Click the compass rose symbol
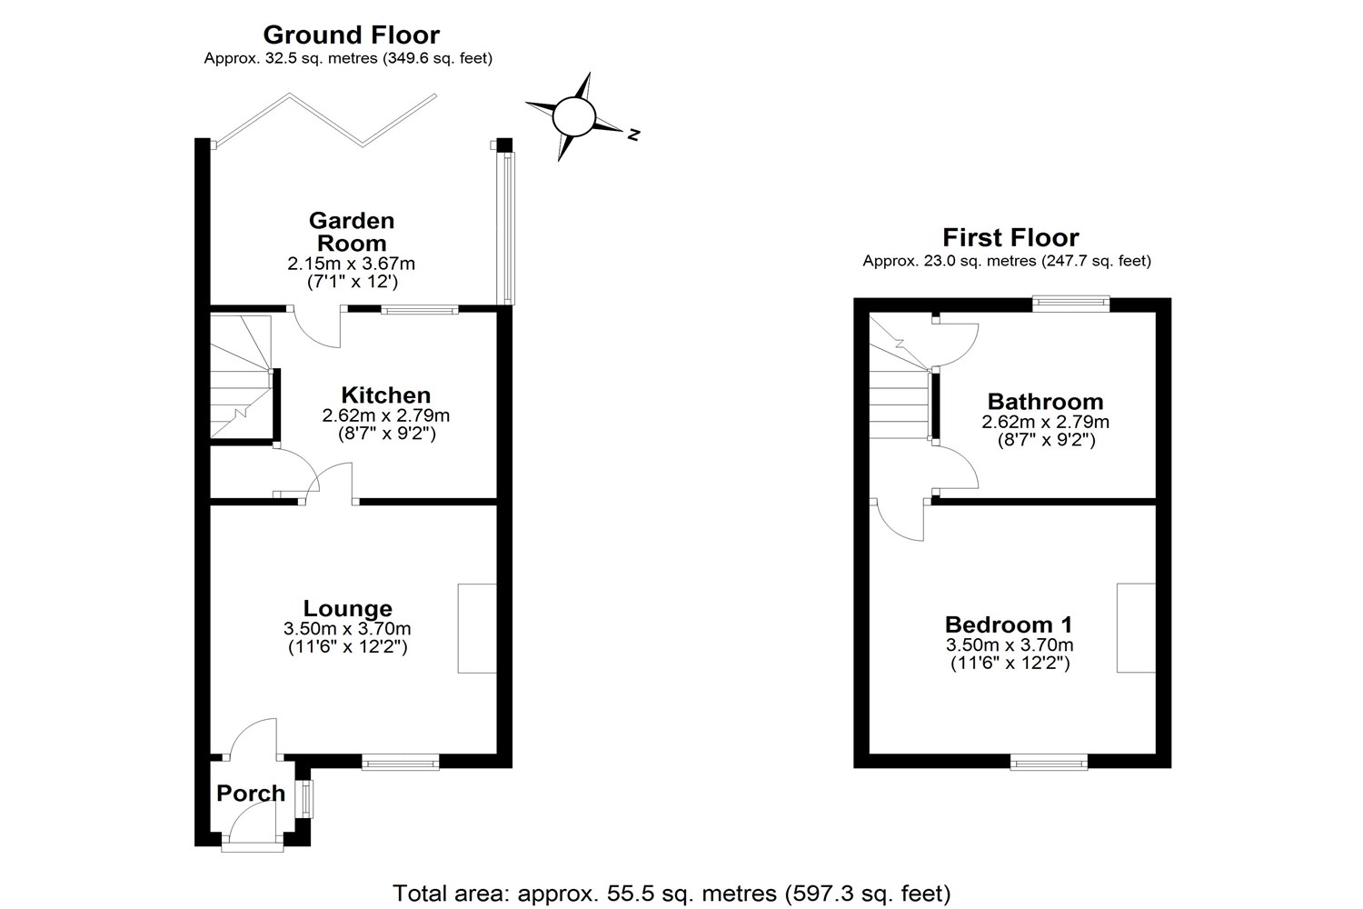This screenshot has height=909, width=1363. [573, 117]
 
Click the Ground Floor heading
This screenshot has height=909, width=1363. [351, 35]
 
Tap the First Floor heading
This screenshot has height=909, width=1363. [1010, 238]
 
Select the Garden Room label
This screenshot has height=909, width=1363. [352, 232]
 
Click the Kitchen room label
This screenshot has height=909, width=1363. [385, 395]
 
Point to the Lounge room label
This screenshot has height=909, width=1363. [347, 608]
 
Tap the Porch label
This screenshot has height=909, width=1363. [251, 794]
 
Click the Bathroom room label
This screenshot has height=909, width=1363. [1045, 402]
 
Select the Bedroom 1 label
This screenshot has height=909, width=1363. [1009, 624]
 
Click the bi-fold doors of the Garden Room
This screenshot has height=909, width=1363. [324, 119]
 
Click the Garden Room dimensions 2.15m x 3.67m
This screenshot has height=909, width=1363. [352, 264]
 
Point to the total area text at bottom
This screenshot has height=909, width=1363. [672, 893]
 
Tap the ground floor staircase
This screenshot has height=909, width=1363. [241, 377]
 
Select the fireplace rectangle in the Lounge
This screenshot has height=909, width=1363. [477, 628]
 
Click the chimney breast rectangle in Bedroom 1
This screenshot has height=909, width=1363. [1136, 628]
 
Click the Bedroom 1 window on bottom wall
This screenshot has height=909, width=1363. [1049, 762]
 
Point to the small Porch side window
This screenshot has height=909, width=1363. [306, 798]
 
